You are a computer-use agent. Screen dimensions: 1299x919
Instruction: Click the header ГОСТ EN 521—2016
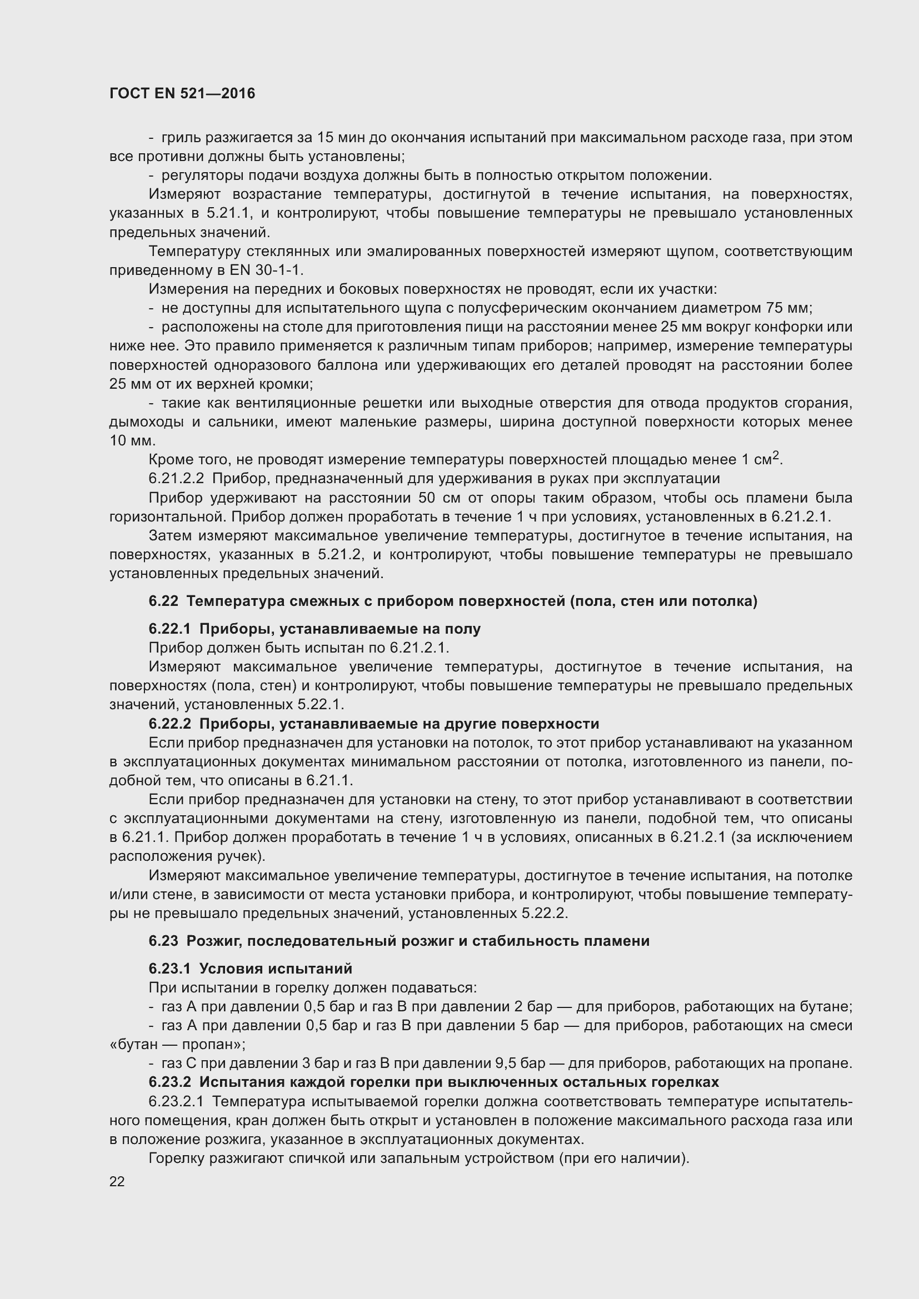182,93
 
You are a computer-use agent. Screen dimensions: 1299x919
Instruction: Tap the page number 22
117,1181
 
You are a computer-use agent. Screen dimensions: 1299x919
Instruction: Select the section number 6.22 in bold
163,601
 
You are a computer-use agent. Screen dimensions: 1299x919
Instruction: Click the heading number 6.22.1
170,629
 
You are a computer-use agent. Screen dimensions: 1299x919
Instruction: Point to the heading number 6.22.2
170,724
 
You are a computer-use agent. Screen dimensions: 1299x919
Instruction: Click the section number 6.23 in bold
163,941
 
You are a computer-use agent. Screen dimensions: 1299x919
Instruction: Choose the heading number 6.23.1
170,969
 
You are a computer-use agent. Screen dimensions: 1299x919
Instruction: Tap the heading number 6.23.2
170,1082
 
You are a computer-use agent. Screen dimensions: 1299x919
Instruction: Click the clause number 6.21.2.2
176,479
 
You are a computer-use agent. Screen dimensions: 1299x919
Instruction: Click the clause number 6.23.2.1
178,1101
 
